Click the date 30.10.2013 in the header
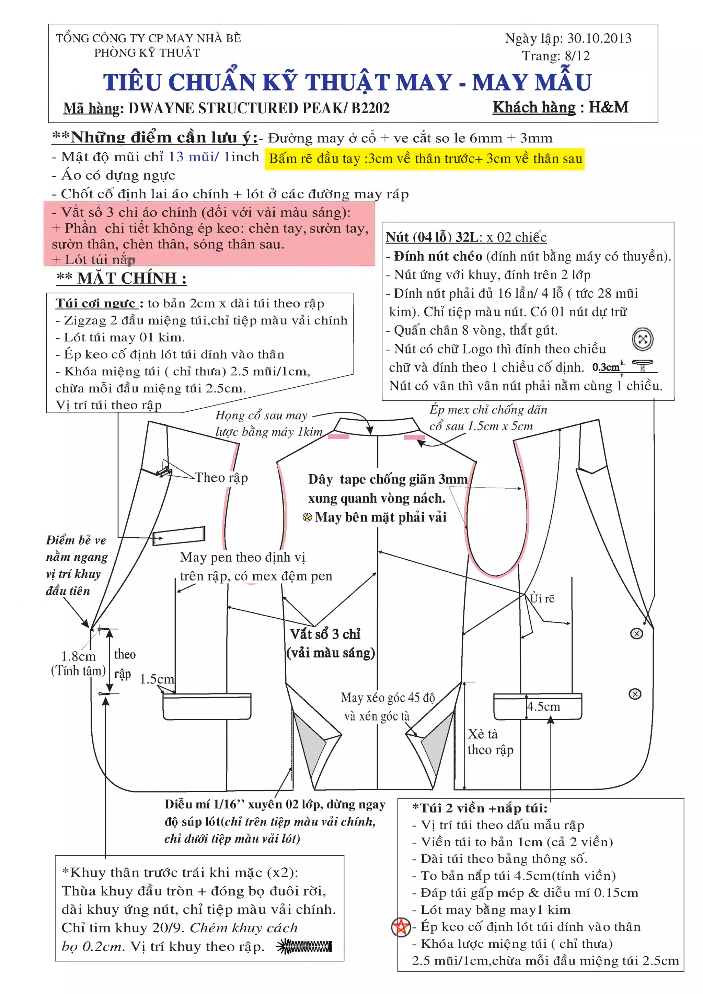click(599, 38)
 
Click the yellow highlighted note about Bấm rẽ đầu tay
click(425, 159)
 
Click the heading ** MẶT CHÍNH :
click(122, 278)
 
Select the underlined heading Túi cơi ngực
click(96, 303)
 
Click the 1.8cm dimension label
click(78, 656)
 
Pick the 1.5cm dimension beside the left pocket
click(157, 679)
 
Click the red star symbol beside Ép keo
click(401, 927)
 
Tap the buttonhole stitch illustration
click(304, 946)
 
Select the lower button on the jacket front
click(635, 694)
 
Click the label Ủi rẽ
click(542, 598)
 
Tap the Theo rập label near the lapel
click(221, 478)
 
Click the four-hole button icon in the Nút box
click(642, 339)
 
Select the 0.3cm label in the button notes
click(606, 367)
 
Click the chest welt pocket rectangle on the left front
click(179, 536)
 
